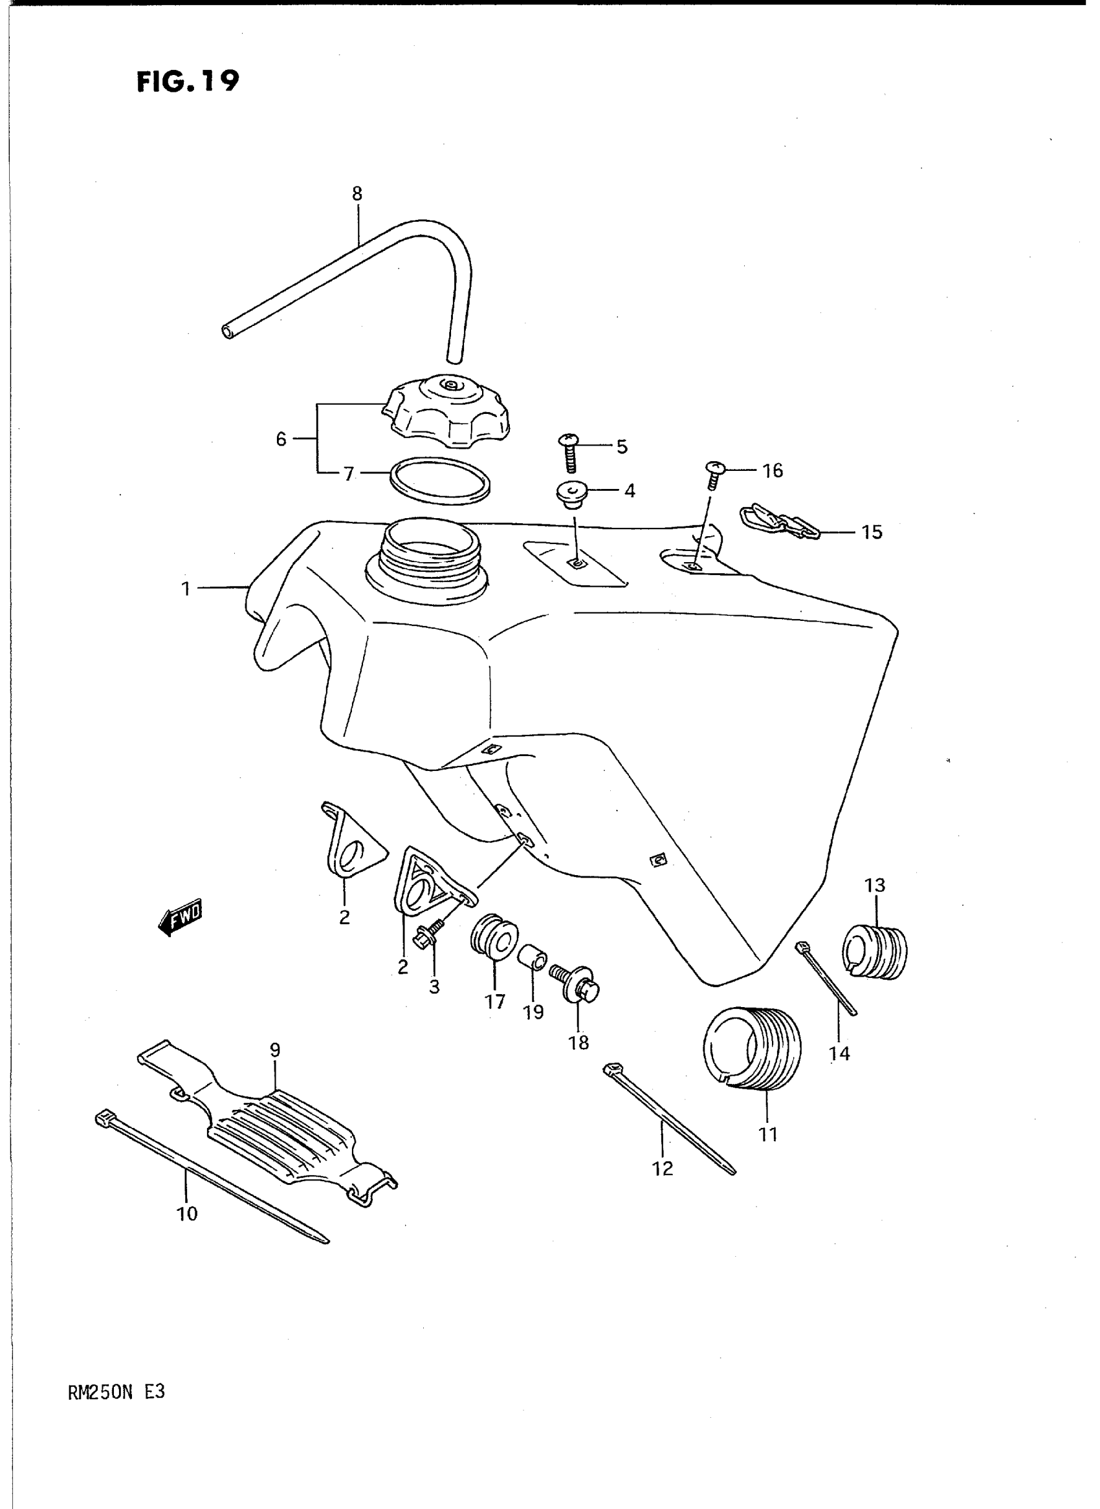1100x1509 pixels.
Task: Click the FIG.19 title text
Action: coord(187,82)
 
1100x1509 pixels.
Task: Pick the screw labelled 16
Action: coord(713,475)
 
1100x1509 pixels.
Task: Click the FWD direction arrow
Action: coord(181,918)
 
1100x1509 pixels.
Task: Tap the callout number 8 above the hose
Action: coord(357,193)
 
